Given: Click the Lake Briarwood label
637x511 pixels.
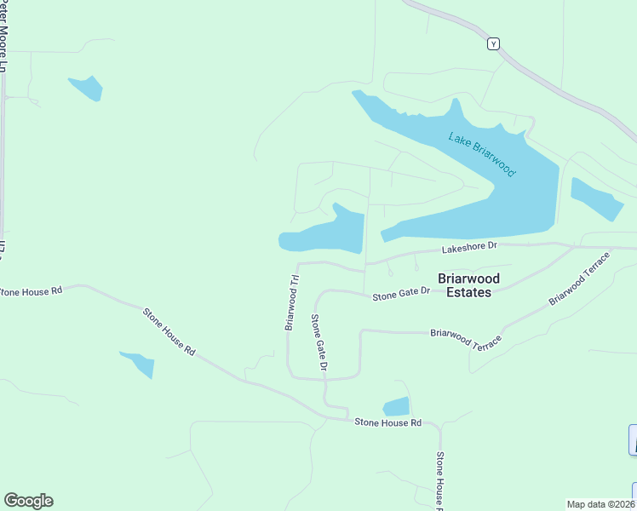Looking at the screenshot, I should (482, 153).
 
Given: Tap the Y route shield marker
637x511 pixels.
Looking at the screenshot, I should (492, 43).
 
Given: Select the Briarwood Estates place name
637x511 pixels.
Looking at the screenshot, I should (468, 285).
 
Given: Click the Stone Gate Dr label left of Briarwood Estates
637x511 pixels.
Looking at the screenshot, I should (400, 294).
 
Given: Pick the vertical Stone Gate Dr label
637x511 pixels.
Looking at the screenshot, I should (318, 342).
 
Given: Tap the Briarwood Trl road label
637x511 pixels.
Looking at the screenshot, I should (291, 301).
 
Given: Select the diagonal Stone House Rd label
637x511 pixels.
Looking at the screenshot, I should (169, 331).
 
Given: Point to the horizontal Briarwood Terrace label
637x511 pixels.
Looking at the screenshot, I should (467, 338).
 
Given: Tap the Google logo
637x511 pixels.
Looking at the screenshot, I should (28, 501).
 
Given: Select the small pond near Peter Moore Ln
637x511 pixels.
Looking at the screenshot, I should (86, 87).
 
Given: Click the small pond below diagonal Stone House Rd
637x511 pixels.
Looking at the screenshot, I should (139, 363).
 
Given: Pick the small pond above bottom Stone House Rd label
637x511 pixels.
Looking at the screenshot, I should (396, 407).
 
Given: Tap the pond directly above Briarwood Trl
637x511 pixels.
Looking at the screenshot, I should (324, 232).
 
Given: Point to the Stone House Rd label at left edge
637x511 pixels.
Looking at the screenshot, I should (32, 291).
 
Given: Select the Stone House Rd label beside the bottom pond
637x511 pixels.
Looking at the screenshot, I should (387, 422).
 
